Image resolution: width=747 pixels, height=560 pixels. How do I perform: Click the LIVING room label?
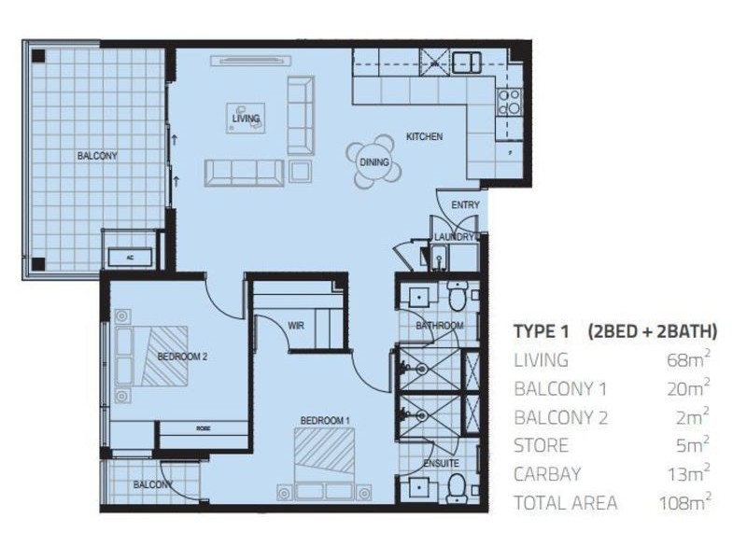pos(246,119)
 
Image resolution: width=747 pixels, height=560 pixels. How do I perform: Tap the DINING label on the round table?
pos(373,161)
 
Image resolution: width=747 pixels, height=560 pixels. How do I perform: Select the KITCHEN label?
pos(424,137)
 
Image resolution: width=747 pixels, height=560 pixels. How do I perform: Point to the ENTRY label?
pos(464,205)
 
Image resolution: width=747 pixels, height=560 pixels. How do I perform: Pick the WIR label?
pos(298,327)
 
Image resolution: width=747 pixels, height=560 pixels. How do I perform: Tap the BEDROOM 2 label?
pos(182,357)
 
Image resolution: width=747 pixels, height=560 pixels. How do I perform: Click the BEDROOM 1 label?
pos(324,420)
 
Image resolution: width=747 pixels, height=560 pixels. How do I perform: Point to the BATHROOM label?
pos(439,325)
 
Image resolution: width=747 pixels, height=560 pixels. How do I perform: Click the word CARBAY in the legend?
pos(546,474)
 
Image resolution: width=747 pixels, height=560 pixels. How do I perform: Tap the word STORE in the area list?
pos(541,446)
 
